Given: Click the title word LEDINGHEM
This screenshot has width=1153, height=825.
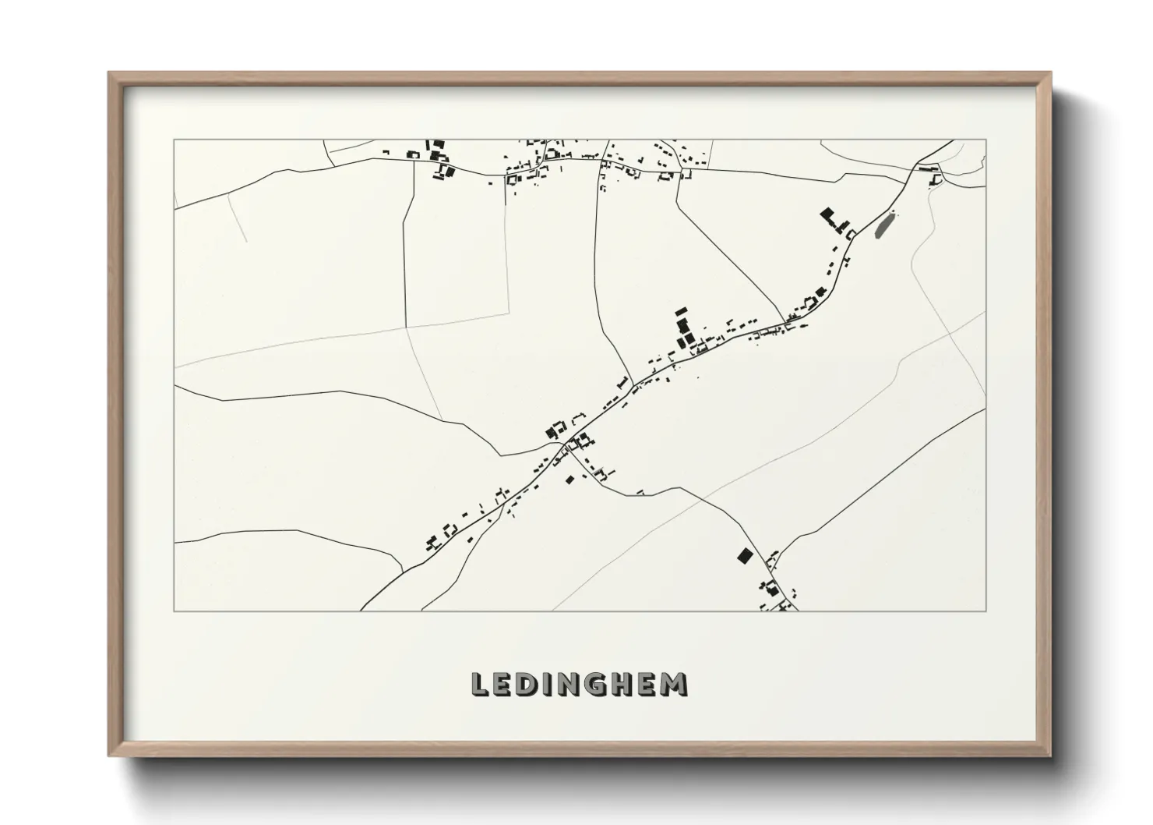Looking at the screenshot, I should (580, 684).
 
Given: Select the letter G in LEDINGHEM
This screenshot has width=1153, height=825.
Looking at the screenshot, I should (598, 684).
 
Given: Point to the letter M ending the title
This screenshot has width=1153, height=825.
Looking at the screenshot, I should (676, 684).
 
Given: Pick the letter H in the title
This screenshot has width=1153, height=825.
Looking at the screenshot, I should (625, 684).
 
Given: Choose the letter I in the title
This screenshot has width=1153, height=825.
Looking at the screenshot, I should (548, 684).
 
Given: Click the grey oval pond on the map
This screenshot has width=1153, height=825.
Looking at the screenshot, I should (883, 226).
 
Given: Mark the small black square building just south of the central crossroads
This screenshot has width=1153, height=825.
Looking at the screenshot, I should (569, 479).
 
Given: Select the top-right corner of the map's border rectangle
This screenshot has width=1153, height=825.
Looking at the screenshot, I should (986, 140).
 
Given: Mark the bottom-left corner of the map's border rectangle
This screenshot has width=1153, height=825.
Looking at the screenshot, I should (174, 611).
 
